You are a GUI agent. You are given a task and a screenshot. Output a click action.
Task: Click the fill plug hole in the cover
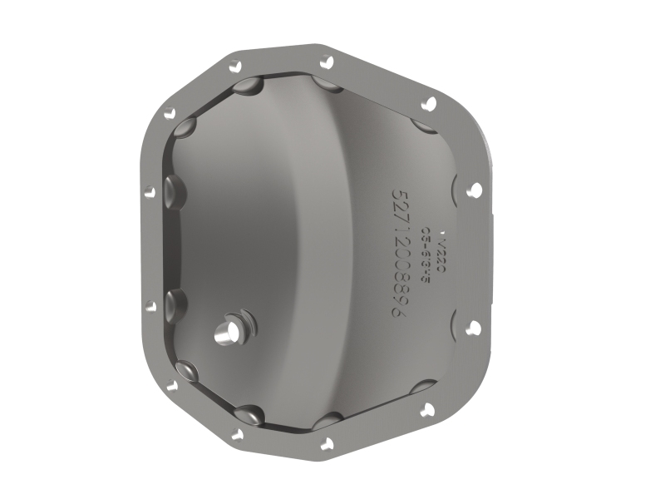[226, 333]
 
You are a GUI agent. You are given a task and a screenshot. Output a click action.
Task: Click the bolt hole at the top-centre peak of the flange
[328, 62]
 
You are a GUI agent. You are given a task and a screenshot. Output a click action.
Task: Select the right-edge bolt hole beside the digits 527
[474, 190]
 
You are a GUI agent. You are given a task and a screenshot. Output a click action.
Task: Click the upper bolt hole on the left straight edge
[150, 192]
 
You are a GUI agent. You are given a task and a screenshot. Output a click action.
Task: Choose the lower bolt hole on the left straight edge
[150, 306]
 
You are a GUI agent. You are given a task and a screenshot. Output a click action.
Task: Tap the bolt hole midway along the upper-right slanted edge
[429, 103]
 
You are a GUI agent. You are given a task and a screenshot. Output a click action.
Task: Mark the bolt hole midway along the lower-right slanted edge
[427, 408]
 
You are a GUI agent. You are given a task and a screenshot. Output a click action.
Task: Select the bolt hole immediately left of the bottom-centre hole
[238, 434]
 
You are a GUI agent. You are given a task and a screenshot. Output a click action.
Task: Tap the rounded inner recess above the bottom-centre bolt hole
[328, 422]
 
